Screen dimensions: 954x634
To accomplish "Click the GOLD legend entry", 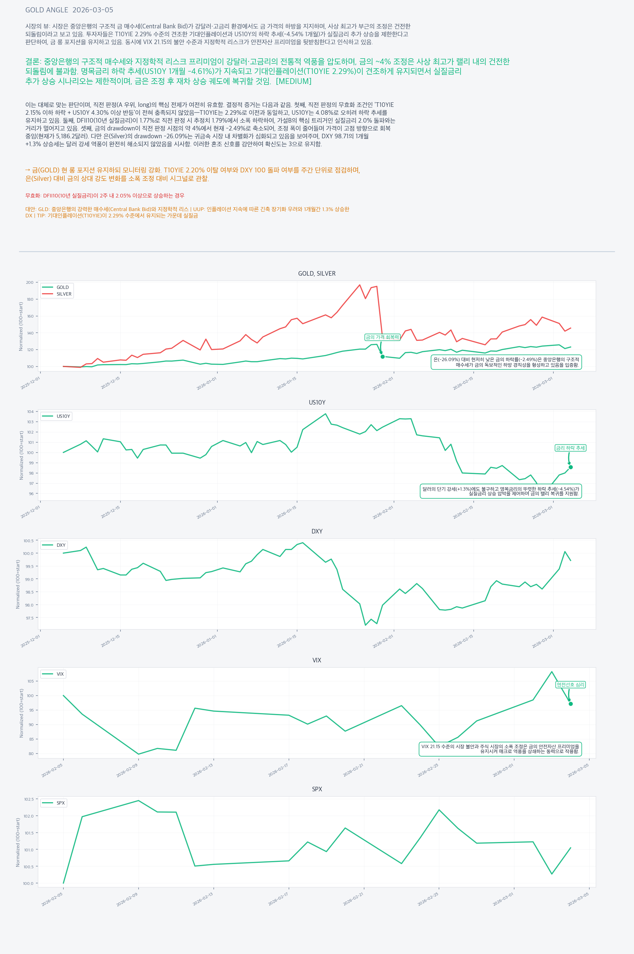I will click(x=62, y=287).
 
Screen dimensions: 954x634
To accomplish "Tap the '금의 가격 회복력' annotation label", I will click(x=382, y=337).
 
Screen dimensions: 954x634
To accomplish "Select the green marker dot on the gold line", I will click(x=383, y=357).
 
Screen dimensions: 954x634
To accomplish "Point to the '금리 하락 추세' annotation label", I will click(x=570, y=448).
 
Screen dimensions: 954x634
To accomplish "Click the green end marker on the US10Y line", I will click(x=571, y=467).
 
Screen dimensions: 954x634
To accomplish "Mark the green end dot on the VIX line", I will click(x=571, y=704).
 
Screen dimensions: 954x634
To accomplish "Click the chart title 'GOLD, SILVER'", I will click(x=317, y=274).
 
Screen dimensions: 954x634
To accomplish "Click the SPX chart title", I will click(x=317, y=789).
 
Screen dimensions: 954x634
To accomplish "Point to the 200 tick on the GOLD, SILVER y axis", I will click(x=30, y=283).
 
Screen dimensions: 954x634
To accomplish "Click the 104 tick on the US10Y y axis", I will click(x=30, y=411).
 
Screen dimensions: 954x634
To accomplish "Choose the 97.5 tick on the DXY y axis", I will click(x=28, y=618).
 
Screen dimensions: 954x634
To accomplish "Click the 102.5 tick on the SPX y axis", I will click(x=28, y=799).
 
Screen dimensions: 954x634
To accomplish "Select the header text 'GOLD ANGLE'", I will click(x=46, y=10).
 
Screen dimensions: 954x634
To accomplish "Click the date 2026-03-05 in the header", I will click(x=93, y=10).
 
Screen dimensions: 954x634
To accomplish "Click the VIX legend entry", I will click(x=60, y=674).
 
